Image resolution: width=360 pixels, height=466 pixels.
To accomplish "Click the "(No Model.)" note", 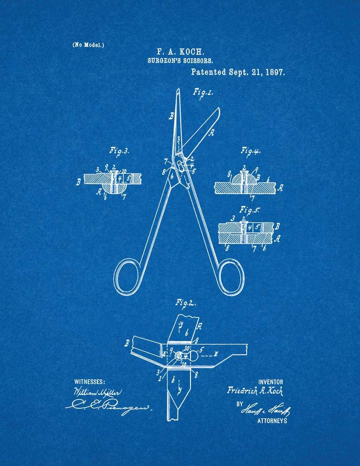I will click(x=88, y=45).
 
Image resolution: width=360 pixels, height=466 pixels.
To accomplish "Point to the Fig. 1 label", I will click(x=203, y=92).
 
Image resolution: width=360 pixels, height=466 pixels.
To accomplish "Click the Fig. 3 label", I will click(x=119, y=151).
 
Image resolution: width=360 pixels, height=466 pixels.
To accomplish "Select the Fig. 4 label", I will click(x=250, y=151).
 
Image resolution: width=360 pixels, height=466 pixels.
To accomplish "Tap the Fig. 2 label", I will click(x=184, y=303).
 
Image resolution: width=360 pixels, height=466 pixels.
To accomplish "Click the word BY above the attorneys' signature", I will click(x=239, y=404).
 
